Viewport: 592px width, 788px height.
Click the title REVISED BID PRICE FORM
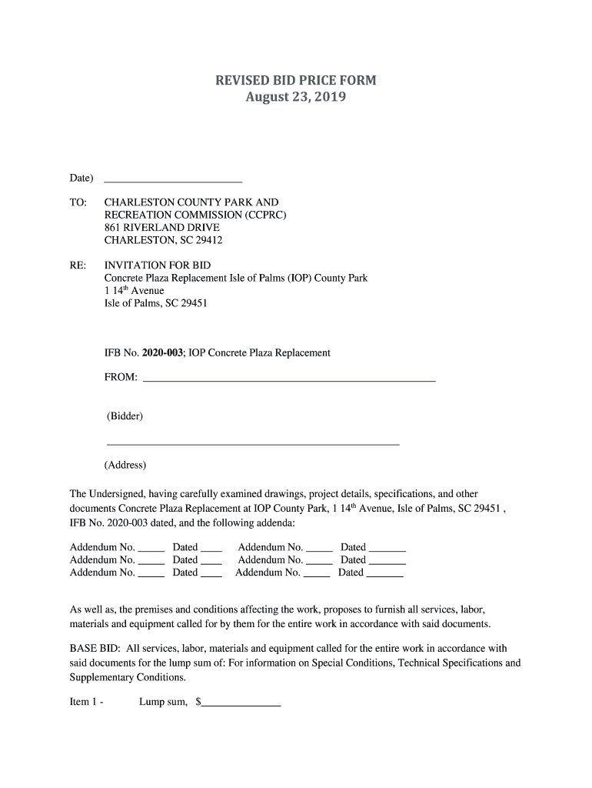click(295, 81)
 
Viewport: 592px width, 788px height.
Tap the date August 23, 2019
click(295, 98)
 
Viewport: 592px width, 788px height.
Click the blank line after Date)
click(172, 179)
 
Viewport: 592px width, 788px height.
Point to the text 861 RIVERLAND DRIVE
click(161, 228)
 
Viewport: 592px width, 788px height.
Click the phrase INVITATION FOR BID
click(157, 265)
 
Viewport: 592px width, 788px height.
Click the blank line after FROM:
click(289, 377)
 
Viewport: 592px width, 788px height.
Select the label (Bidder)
click(125, 416)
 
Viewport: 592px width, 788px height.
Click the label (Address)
click(125, 466)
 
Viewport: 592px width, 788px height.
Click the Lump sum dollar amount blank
click(241, 702)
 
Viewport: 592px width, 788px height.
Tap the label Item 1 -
click(87, 703)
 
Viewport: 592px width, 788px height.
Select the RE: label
click(78, 265)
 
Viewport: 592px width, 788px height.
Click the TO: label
click(78, 203)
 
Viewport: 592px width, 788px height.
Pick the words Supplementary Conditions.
click(128, 678)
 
